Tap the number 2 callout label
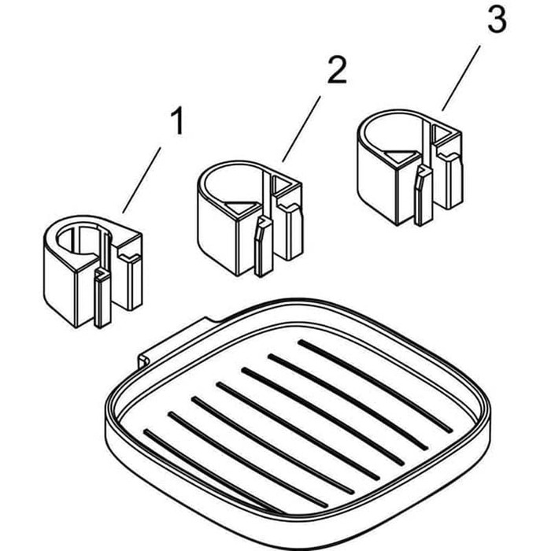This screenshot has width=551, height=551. tap(335, 72)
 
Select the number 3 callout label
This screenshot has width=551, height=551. tap(496, 21)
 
